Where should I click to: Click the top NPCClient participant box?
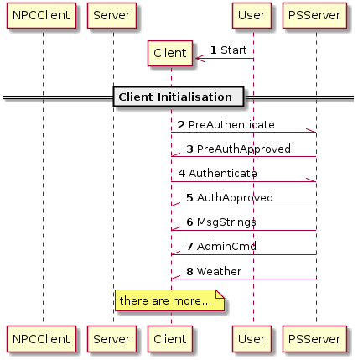(42, 15)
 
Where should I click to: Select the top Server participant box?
(111, 15)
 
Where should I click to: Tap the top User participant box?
(252, 15)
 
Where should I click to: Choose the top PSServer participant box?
(314, 15)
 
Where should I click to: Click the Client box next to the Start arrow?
(170, 53)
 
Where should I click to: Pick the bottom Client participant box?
(170, 339)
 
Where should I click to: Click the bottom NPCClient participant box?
(42, 339)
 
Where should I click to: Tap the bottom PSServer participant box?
(314, 339)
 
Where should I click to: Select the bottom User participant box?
(252, 339)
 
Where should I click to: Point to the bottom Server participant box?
(111, 339)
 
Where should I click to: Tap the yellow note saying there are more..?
(169, 300)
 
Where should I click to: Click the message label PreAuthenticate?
(231, 125)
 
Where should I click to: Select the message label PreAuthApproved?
(244, 149)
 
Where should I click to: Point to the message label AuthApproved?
(235, 198)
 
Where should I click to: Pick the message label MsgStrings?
(226, 222)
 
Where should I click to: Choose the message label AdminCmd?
(226, 247)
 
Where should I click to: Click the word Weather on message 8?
(219, 271)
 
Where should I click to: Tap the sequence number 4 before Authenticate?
(182, 174)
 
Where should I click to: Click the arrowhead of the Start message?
(200, 59)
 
